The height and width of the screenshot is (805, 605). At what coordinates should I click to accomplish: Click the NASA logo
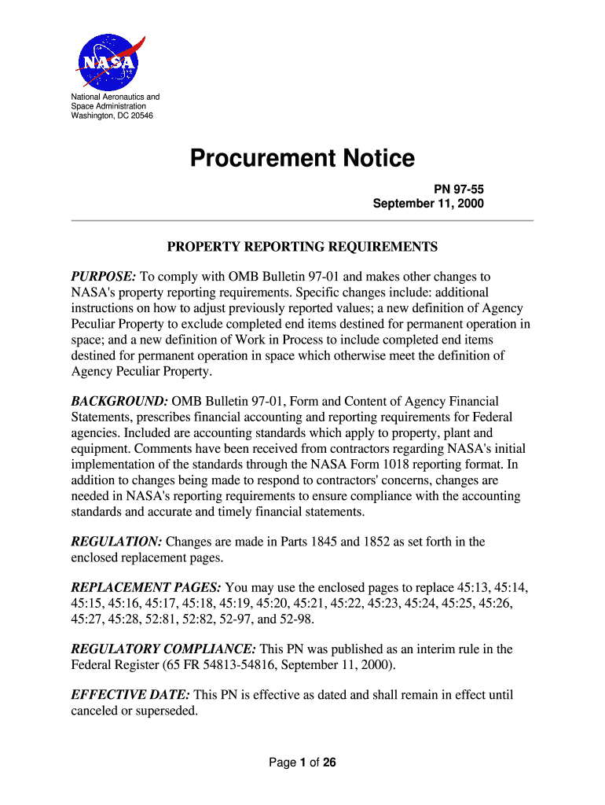[x=110, y=61]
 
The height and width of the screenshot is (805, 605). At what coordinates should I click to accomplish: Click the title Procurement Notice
[x=302, y=159]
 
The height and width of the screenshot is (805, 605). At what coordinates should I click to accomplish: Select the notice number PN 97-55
[x=460, y=189]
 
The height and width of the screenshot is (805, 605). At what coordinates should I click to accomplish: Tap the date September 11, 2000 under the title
[x=428, y=204]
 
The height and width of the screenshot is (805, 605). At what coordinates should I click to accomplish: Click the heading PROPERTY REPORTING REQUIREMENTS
[x=302, y=248]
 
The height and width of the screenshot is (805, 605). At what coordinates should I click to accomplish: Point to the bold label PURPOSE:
[x=104, y=277]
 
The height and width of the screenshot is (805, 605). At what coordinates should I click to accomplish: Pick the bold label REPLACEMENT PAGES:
[x=146, y=588]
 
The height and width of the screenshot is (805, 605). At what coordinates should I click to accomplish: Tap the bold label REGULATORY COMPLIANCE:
[x=163, y=649]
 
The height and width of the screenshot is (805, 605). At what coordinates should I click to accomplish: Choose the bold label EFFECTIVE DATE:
[x=130, y=696]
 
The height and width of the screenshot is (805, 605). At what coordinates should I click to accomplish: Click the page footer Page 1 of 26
[x=302, y=763]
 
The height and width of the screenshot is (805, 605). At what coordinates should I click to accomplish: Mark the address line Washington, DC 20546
[x=112, y=116]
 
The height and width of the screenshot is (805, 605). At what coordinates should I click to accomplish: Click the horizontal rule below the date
[x=302, y=221]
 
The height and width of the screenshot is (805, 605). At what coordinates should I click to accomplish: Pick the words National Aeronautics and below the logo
[x=115, y=97]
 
